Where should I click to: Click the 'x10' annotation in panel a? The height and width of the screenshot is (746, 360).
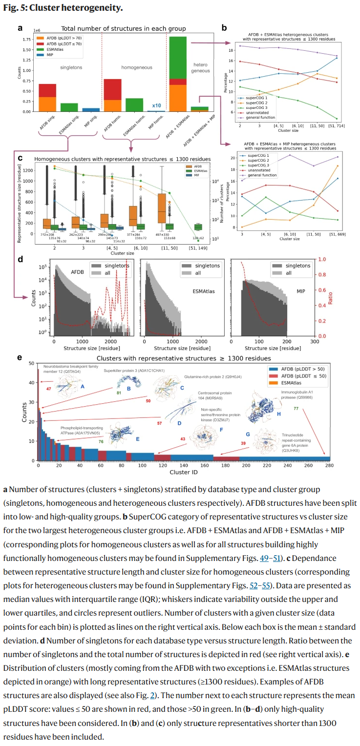tap(156, 105)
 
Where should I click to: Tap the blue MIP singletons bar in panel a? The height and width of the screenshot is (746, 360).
tap(90, 110)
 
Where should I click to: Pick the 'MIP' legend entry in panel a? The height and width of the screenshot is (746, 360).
tap(50, 55)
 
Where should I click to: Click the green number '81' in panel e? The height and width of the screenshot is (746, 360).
tap(119, 393)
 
